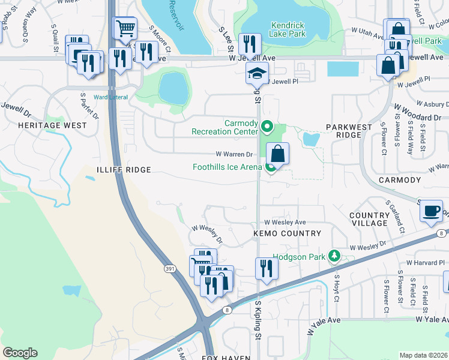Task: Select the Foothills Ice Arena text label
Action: (x=227, y=167)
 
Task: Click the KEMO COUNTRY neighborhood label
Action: (x=287, y=233)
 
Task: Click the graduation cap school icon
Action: (x=256, y=74)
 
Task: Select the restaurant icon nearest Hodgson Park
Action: (x=266, y=268)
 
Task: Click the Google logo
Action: (x=20, y=353)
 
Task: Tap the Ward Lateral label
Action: (x=109, y=97)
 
